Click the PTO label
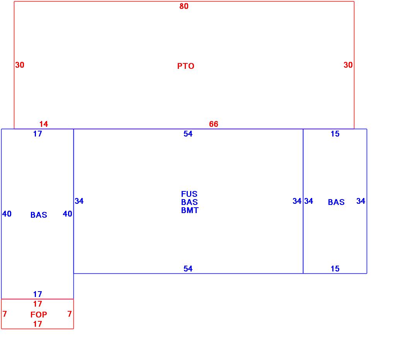click(185, 66)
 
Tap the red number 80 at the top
click(184, 6)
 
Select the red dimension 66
click(214, 124)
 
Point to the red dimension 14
click(44, 124)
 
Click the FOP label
click(39, 315)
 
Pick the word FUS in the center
click(189, 194)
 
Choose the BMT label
click(189, 210)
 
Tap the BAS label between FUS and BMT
click(189, 202)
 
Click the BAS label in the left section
click(39, 215)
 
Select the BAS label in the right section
click(336, 202)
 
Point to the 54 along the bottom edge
click(188, 269)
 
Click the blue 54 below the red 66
click(188, 134)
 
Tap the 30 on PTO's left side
click(20, 65)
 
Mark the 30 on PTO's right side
click(348, 65)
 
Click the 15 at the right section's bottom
click(335, 269)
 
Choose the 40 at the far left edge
click(7, 214)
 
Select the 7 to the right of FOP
click(70, 314)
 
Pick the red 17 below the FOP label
click(37, 324)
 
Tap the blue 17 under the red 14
click(37, 134)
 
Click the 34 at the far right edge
click(361, 201)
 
